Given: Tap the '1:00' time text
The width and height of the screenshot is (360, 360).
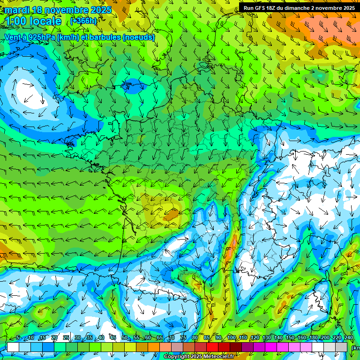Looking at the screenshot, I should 16,21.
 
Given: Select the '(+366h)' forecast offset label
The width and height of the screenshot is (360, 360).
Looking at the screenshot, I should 83,21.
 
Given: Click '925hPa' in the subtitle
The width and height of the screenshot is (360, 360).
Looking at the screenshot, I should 40,37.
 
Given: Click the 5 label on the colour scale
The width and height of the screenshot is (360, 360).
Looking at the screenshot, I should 18,338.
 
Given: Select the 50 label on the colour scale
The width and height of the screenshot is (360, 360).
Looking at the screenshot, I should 124,338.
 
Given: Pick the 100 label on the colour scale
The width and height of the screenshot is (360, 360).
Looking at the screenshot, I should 231,338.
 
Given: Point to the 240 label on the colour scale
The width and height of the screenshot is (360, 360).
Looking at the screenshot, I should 348,338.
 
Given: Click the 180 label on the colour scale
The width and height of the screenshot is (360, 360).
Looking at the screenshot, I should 313,338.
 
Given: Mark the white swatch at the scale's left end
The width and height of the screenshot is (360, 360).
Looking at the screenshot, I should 13,347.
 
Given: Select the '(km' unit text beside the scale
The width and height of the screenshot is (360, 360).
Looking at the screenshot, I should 355,347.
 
